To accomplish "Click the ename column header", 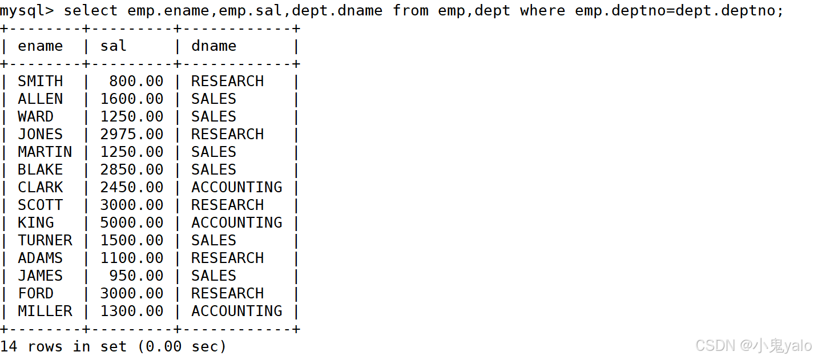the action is pos(40,46).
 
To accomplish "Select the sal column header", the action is pos(113,46).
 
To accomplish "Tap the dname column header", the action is pos(213,46).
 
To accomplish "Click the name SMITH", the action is pos(40,82).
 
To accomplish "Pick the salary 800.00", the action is pos(136,82).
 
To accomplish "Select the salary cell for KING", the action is pos(131,223).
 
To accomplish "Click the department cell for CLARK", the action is pos(236,188).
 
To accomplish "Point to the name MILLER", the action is pos(45,312).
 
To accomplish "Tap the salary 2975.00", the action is pos(131,135).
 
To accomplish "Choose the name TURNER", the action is pos(45,241).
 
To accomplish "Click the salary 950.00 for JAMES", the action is pos(136,276).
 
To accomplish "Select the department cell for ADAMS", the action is pos(227,258).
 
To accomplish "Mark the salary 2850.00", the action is pos(131,170).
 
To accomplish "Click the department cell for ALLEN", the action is pos(213,99).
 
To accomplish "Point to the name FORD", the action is pos(35,294).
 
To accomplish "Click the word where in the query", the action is pos(542,11).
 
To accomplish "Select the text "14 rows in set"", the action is pos(63,346).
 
